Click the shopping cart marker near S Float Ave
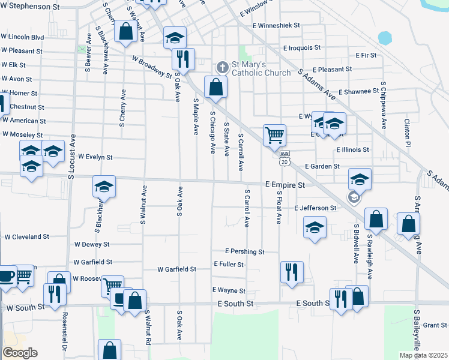[x=274, y=135]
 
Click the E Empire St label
[x=285, y=185]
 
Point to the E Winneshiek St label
[x=276, y=26]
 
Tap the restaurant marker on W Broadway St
[x=183, y=59]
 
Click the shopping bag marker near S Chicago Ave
[x=215, y=87]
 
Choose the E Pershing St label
[x=245, y=251]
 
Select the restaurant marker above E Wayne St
[x=291, y=272]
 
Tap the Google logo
[x=20, y=353]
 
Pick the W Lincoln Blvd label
[x=23, y=37]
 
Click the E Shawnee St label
[x=359, y=92]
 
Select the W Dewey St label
[x=92, y=245]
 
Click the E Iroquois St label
[x=302, y=47]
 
